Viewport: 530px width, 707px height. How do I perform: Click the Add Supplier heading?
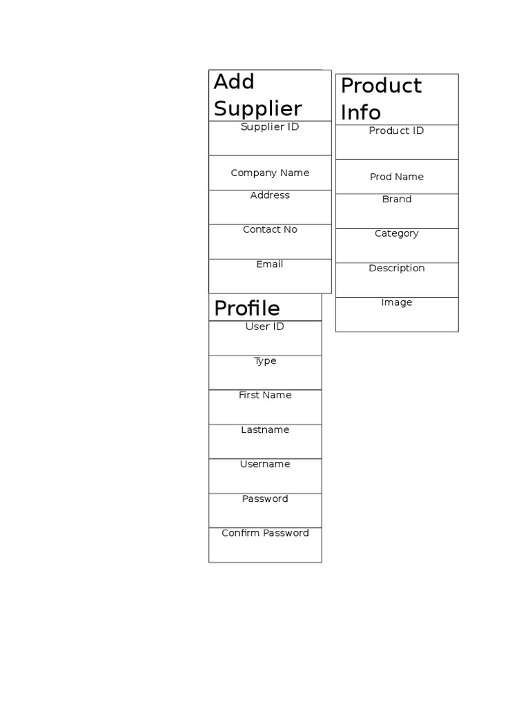pyautogui.click(x=257, y=95)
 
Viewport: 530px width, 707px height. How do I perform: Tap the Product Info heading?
pyautogui.click(x=381, y=99)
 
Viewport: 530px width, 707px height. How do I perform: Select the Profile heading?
pyautogui.click(x=247, y=308)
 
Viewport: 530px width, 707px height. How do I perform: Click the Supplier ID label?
pyautogui.click(x=270, y=127)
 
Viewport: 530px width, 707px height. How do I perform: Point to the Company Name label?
pyautogui.click(x=270, y=173)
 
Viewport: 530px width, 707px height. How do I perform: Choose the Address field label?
pyautogui.click(x=270, y=195)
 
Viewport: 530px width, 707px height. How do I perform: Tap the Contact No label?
pyautogui.click(x=270, y=229)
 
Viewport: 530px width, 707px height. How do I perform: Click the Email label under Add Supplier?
pyautogui.click(x=270, y=264)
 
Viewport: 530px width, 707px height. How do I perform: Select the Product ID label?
pyautogui.click(x=396, y=130)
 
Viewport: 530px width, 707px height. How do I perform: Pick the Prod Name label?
pyautogui.click(x=397, y=177)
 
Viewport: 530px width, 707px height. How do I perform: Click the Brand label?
pyautogui.click(x=397, y=199)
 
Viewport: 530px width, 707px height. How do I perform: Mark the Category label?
pyautogui.click(x=397, y=233)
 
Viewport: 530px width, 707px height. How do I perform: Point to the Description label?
pyautogui.click(x=397, y=268)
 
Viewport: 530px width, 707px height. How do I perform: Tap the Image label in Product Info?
pyautogui.click(x=397, y=302)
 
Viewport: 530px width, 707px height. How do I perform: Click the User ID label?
pyautogui.click(x=265, y=327)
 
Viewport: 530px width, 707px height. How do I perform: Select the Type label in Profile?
pyautogui.click(x=265, y=361)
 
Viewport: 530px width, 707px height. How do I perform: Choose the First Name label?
pyautogui.click(x=265, y=395)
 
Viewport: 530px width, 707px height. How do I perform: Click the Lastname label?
pyautogui.click(x=265, y=429)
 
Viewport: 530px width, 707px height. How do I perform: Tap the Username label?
pyautogui.click(x=265, y=464)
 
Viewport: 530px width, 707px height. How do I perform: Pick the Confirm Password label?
pyautogui.click(x=265, y=533)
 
